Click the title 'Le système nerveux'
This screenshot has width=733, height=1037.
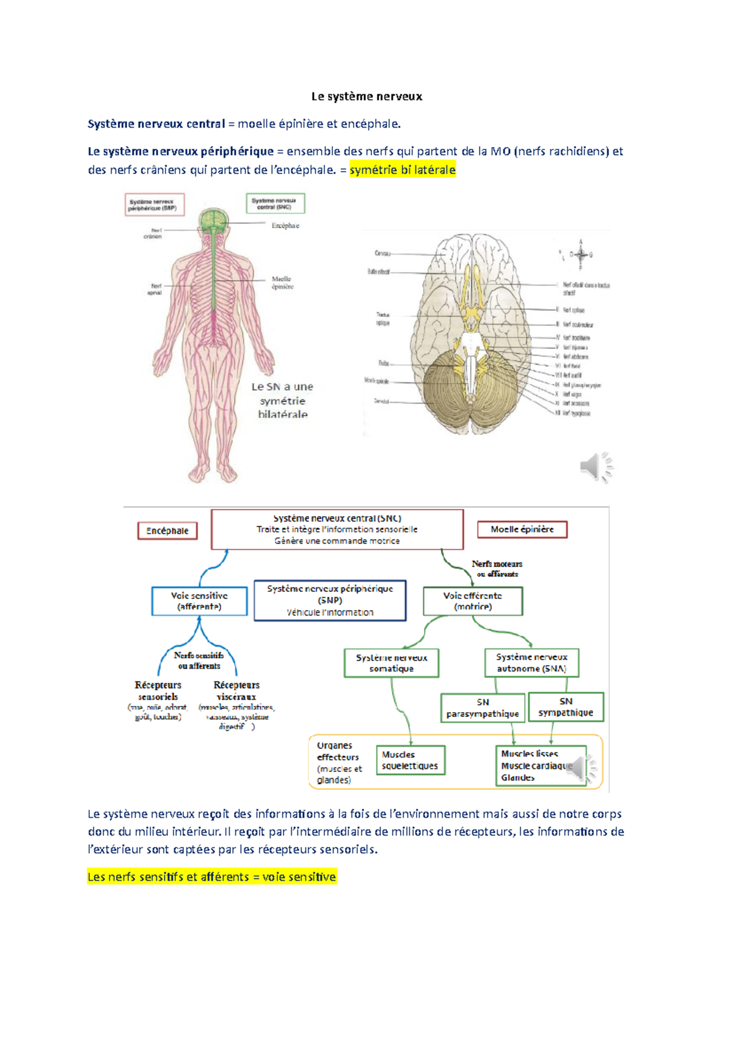pos(366,96)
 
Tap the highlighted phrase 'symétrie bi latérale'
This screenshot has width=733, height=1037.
pos(403,170)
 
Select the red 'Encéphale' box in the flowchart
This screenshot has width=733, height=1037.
pos(167,531)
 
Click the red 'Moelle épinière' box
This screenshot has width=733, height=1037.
pos(522,529)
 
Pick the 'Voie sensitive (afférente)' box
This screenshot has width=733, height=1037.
pos(199,601)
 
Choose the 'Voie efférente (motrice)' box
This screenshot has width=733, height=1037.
pos(473,601)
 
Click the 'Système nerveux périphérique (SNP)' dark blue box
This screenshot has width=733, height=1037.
pos(330,600)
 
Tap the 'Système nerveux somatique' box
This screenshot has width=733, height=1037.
pos(392,663)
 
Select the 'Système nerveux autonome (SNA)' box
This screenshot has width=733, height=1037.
pos(531,663)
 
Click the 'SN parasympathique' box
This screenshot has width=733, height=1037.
pos(483,708)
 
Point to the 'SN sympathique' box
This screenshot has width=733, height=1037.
pos(566,707)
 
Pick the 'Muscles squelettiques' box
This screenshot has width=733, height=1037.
pos(410,760)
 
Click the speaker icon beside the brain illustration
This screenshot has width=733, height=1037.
pos(596,467)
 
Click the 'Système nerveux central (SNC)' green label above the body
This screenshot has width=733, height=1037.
pos(275,203)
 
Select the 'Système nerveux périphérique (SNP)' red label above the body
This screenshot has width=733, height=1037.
pos(154,205)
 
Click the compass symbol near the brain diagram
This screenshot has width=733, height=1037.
pos(580,255)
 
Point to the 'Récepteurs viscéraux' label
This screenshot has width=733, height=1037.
pos(236,691)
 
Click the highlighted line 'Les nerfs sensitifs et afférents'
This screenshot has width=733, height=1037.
pos(211,877)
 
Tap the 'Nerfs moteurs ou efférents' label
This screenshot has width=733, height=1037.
pos(497,569)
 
